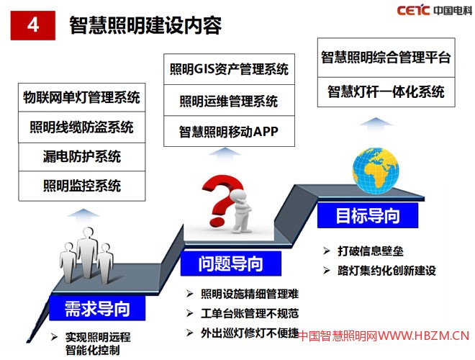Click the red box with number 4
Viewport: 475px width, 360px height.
point(33,25)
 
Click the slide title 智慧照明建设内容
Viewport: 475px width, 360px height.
point(145,25)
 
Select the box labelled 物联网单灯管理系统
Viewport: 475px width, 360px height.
point(81,97)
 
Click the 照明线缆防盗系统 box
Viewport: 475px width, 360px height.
point(81,127)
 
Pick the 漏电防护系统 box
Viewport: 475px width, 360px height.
point(81,156)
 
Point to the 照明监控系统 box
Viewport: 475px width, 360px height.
point(81,186)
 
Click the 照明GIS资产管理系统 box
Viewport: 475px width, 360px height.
point(229,69)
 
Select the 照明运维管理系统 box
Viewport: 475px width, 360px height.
point(229,101)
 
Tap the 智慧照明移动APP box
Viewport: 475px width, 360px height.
point(229,132)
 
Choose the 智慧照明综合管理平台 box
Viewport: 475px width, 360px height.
point(386,57)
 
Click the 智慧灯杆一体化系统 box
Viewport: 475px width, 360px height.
point(386,91)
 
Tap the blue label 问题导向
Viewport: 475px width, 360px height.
point(230,264)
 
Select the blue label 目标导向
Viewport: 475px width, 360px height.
point(367,215)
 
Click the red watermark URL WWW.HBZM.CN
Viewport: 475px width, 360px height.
point(424,336)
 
